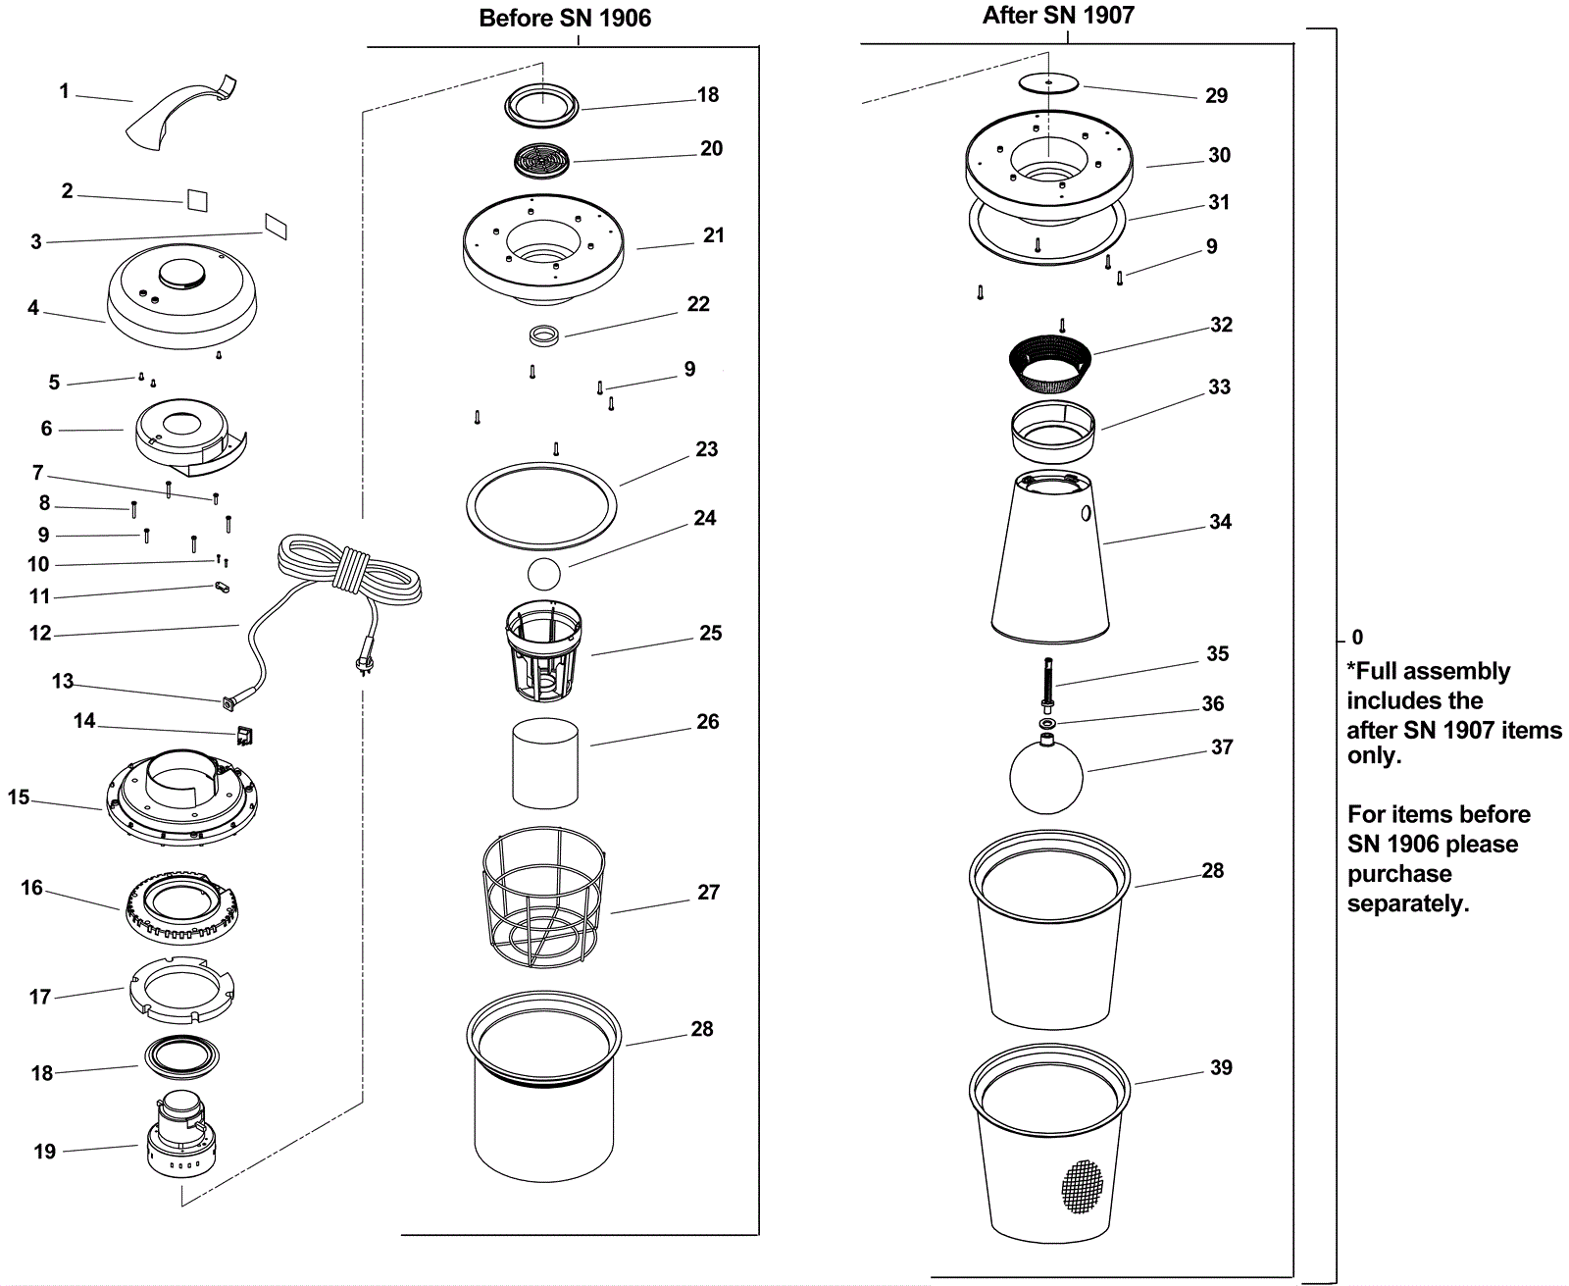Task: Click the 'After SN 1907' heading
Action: (1058, 15)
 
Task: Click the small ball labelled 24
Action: (543, 574)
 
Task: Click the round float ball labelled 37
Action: (1046, 776)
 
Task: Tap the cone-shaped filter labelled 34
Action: (1050, 559)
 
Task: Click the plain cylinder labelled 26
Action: (545, 763)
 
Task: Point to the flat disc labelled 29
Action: (1048, 82)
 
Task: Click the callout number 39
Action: (1221, 1067)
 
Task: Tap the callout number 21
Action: (714, 235)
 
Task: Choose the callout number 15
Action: (19, 797)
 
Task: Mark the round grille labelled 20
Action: (542, 161)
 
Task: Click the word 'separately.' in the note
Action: (1408, 903)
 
